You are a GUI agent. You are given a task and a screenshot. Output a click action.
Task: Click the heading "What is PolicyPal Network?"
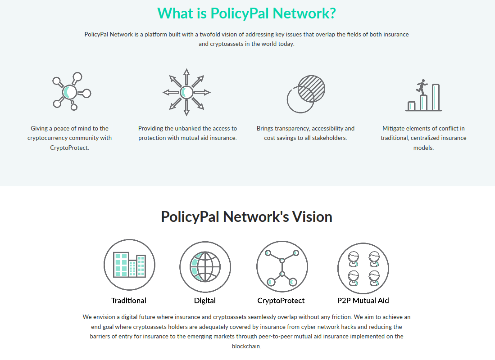(x=246, y=13)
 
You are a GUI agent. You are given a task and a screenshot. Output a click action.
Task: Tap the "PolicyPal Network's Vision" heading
(x=246, y=217)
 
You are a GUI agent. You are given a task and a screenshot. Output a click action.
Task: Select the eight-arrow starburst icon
(x=186, y=92)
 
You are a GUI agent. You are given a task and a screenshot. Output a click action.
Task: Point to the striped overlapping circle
(x=311, y=89)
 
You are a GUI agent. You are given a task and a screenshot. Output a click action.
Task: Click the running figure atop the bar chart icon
(x=422, y=86)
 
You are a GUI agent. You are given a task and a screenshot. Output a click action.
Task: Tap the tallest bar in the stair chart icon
(x=436, y=97)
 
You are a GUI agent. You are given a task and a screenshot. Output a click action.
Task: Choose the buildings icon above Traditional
(x=129, y=265)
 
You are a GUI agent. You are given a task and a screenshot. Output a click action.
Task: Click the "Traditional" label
(x=129, y=301)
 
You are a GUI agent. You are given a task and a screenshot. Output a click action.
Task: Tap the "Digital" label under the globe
(x=205, y=301)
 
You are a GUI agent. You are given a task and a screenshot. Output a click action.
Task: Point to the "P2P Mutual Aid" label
(x=363, y=301)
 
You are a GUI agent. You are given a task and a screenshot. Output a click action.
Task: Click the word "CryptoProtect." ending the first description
(x=70, y=148)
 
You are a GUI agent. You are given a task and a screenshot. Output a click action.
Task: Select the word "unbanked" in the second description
(x=180, y=128)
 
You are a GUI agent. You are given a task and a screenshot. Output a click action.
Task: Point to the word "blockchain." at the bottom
(x=246, y=346)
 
